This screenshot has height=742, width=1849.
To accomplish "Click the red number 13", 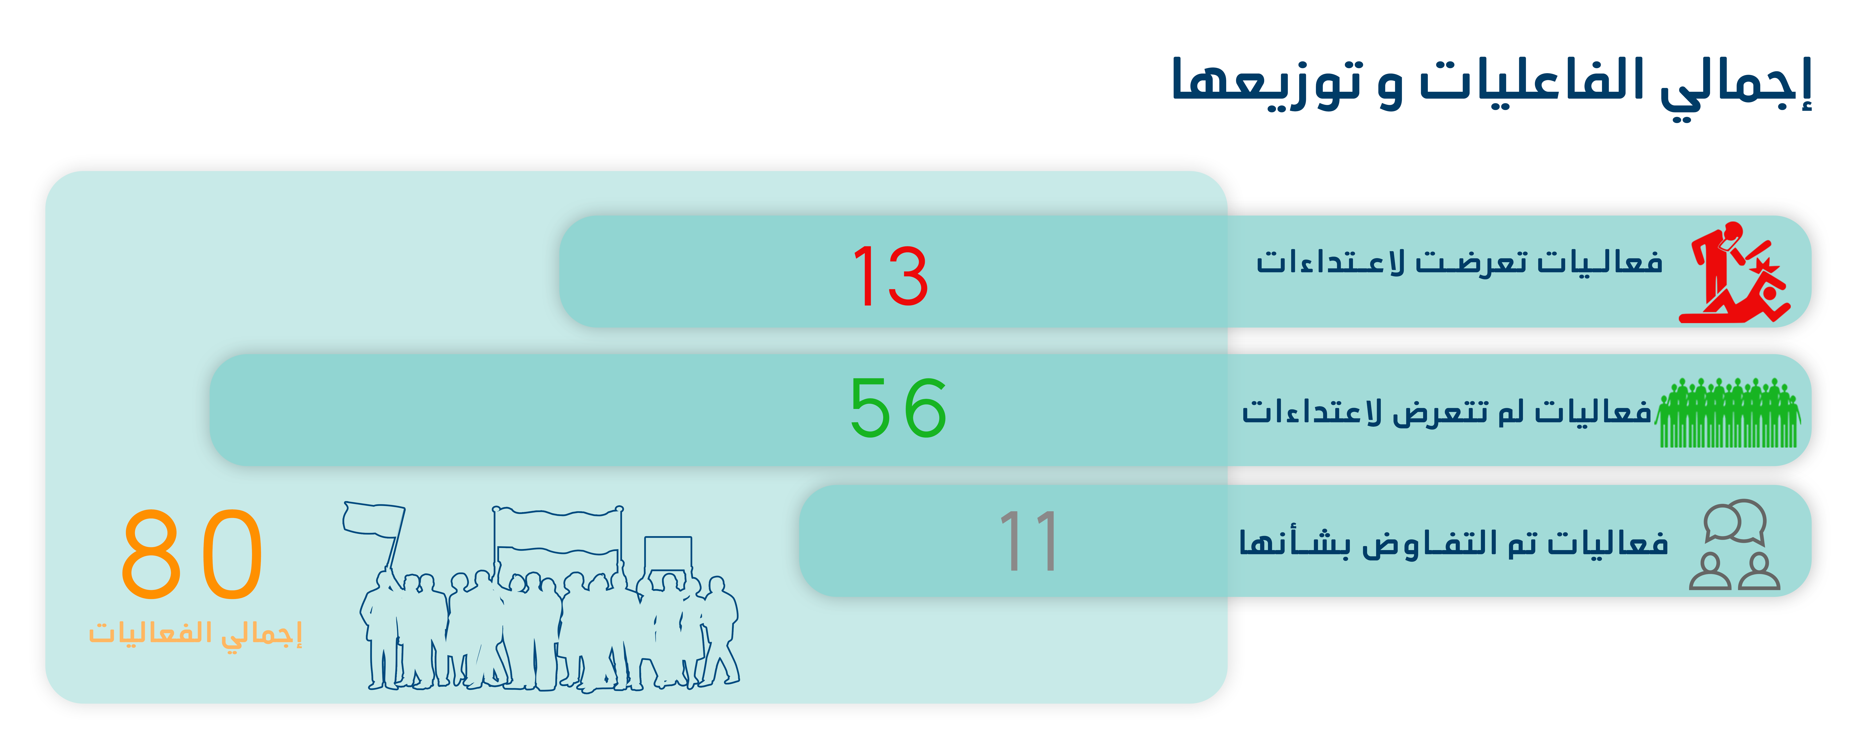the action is click(890, 275).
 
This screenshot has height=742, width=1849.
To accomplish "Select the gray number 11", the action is click(1029, 541).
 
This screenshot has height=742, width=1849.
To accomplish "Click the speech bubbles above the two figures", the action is click(1735, 521).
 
